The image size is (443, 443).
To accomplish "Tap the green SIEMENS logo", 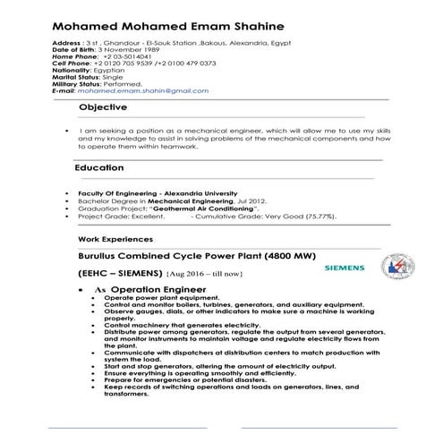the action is click(343, 268).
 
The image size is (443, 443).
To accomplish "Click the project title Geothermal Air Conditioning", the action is click(200, 209).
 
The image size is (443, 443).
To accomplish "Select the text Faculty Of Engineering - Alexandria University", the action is click(158, 193).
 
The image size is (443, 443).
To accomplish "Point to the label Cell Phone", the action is click(72, 64).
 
